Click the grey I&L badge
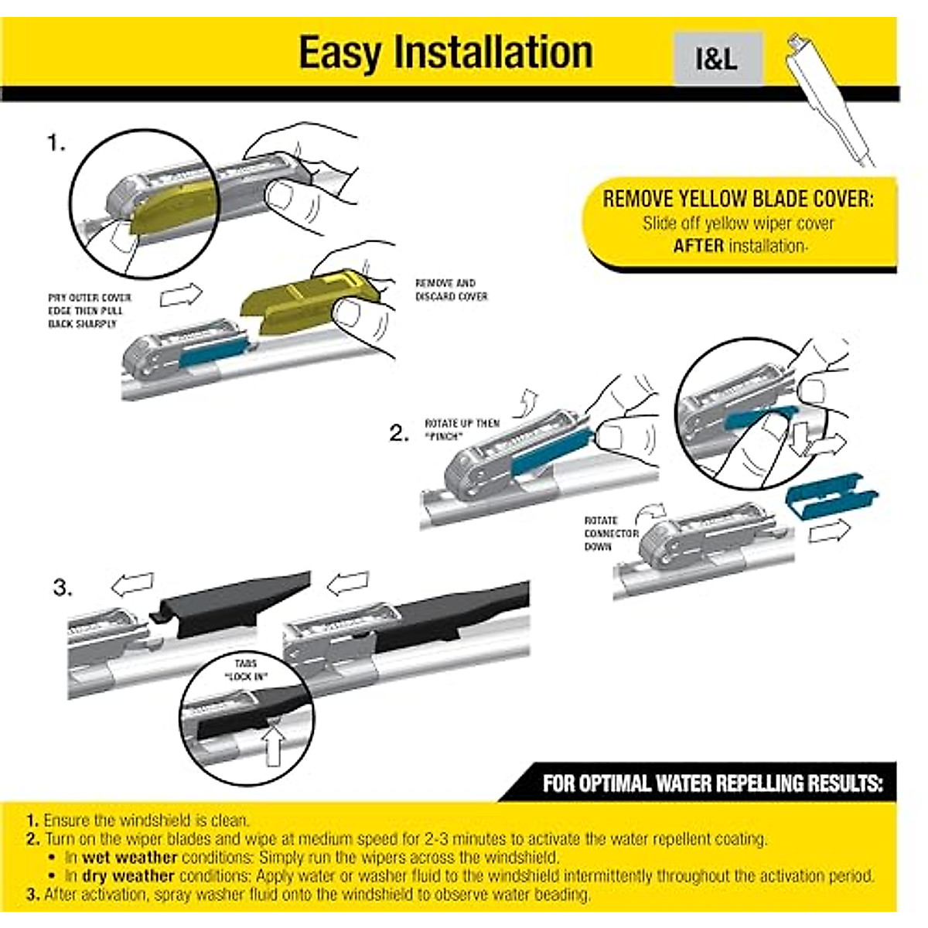click(x=717, y=59)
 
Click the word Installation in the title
click(x=493, y=53)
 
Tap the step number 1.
click(x=56, y=144)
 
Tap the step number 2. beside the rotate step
click(x=399, y=434)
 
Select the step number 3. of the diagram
click(x=63, y=588)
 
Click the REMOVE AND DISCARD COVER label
click(x=451, y=290)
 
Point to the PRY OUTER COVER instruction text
click(x=89, y=310)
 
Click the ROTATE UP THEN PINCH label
click(x=462, y=430)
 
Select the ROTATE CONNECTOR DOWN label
click(x=611, y=534)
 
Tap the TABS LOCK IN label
click(x=247, y=670)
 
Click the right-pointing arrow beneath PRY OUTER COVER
click(x=180, y=295)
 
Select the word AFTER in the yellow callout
click(x=698, y=247)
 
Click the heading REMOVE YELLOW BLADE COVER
click(x=738, y=200)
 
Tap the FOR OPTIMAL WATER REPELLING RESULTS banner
click(x=711, y=783)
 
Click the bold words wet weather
click(x=130, y=858)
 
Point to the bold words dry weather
click(x=128, y=876)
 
